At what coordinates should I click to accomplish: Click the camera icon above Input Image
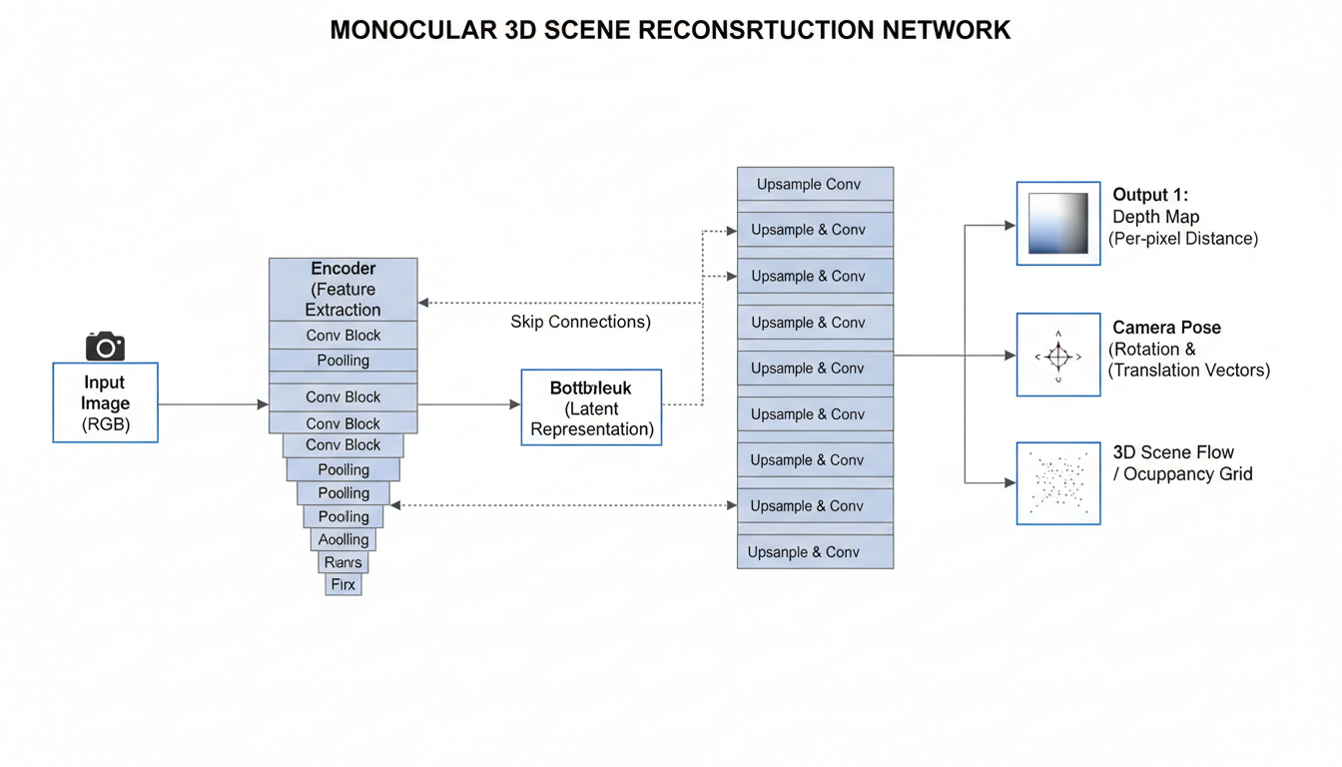pos(105,347)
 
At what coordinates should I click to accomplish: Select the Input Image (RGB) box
pos(105,402)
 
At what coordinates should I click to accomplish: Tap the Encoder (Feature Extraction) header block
pos(342,289)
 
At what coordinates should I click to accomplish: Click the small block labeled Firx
pos(342,584)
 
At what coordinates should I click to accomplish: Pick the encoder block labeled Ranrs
pos(342,562)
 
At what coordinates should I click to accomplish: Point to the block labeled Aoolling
pos(343,539)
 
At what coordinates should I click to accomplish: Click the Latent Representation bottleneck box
pos(591,407)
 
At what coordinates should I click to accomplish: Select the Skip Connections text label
pos(580,322)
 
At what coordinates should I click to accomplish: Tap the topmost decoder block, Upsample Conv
pos(815,184)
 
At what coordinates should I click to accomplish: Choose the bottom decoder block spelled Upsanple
pos(815,551)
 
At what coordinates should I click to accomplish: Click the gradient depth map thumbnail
pos(1058,223)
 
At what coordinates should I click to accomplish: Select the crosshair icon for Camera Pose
pos(1058,356)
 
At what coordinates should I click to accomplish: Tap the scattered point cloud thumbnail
pos(1058,483)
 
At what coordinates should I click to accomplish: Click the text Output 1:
pos(1150,195)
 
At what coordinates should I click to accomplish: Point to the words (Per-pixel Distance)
pos(1182,239)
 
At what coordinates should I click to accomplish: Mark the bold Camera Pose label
pos(1166,328)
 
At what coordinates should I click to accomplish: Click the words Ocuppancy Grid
pos(1188,474)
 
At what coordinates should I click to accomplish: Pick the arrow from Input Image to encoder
pos(213,404)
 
